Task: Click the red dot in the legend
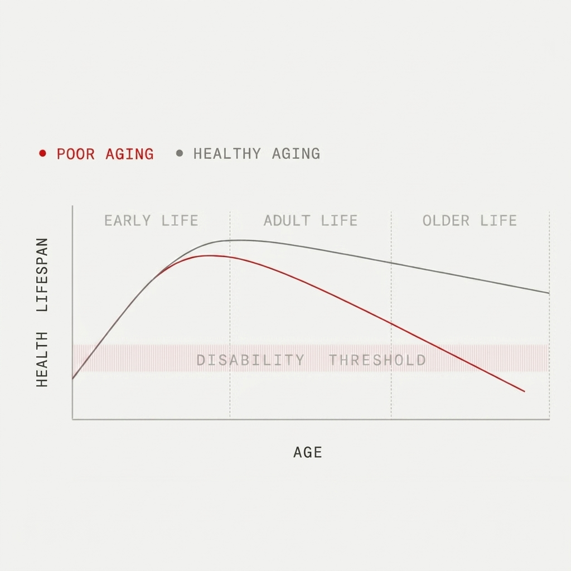click(x=42, y=153)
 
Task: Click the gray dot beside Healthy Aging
click(x=179, y=153)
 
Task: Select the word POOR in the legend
click(x=75, y=154)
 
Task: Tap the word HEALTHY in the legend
click(x=227, y=154)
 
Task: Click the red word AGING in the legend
click(x=129, y=154)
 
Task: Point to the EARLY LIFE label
click(x=151, y=221)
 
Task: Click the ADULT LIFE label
click(x=311, y=221)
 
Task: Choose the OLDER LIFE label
click(x=470, y=221)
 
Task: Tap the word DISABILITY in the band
click(x=250, y=360)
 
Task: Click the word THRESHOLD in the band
click(x=378, y=360)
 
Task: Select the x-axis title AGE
click(x=308, y=452)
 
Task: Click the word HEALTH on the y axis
click(x=42, y=359)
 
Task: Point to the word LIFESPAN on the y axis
click(x=42, y=275)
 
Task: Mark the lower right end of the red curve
click(x=524, y=391)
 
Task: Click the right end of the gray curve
click(x=549, y=293)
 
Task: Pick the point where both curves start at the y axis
click(x=73, y=379)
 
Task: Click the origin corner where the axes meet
click(x=73, y=419)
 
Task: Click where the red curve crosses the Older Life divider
click(x=391, y=323)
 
